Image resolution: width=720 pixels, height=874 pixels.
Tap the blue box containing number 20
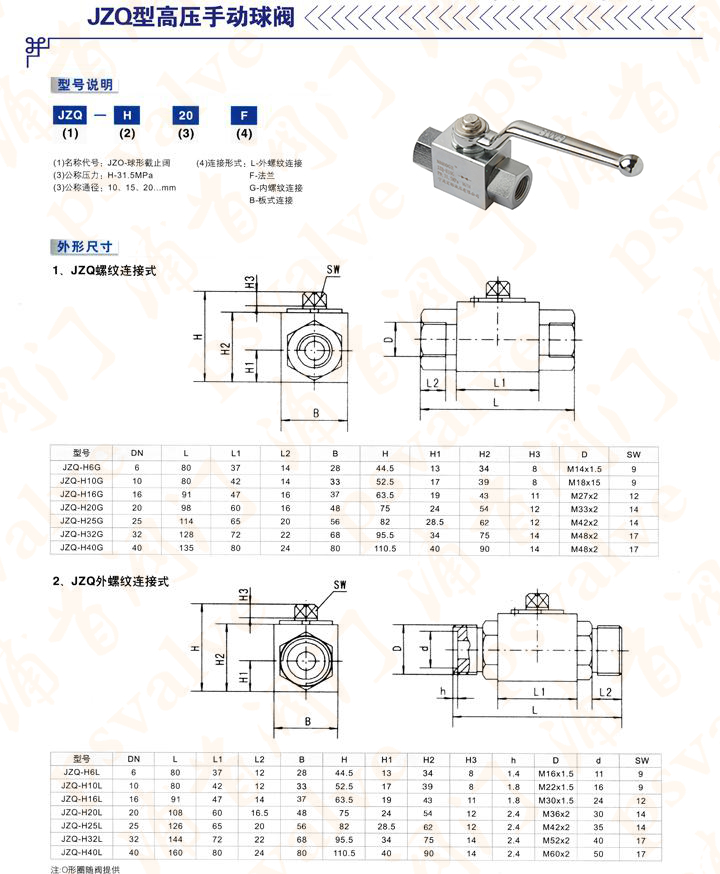pyautogui.click(x=185, y=114)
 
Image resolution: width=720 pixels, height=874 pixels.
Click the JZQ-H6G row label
pyautogui.click(x=82, y=467)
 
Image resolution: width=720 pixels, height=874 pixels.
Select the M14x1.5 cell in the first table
pyautogui.click(x=583, y=467)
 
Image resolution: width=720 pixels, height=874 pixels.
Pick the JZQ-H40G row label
pyautogui.click(x=82, y=549)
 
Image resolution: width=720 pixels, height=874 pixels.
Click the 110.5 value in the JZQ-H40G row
pyautogui.click(x=386, y=549)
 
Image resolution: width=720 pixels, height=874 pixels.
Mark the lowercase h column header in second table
pyautogui.click(x=514, y=759)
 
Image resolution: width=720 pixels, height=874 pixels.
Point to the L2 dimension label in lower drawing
pyautogui.click(x=604, y=691)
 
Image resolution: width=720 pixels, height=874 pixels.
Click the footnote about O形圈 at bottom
pyautogui.click(x=89, y=868)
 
